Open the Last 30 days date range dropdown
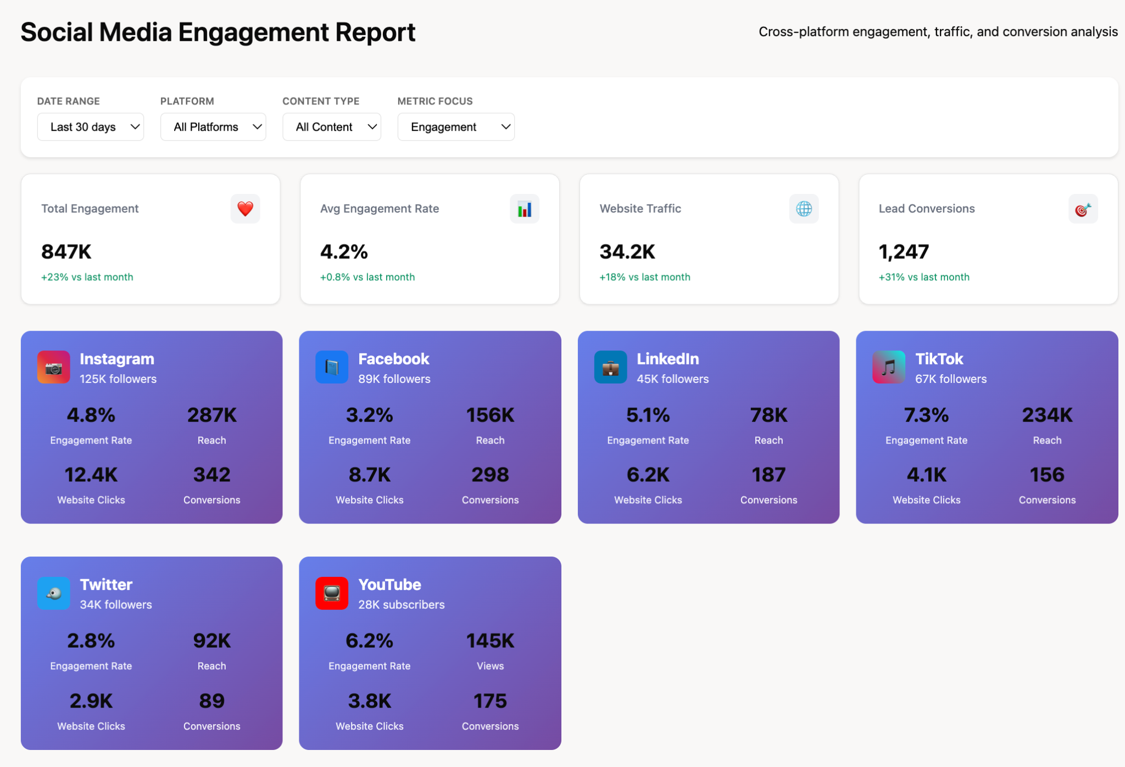(x=90, y=127)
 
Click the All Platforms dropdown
(x=213, y=127)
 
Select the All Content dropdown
(x=331, y=127)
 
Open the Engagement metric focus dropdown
(x=455, y=127)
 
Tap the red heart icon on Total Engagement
(x=245, y=209)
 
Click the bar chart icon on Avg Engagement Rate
(x=524, y=209)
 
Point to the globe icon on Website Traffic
(x=804, y=209)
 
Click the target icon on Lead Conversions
(x=1083, y=209)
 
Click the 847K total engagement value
(x=66, y=252)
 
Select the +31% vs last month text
(x=924, y=277)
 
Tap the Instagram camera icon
(x=53, y=367)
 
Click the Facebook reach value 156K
(x=490, y=415)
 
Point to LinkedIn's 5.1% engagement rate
(x=648, y=415)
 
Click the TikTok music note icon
(x=888, y=367)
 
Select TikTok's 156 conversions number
(x=1046, y=475)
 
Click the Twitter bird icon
(x=53, y=593)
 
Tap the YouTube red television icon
(x=332, y=593)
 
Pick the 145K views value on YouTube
(x=490, y=641)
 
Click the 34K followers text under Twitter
(x=116, y=604)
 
